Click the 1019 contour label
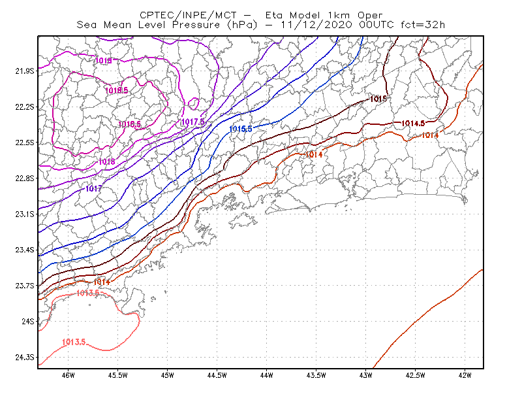[x=104, y=60]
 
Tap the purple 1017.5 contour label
[x=192, y=122]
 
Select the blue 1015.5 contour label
[x=241, y=129]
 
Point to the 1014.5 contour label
[x=413, y=124]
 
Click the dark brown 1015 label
[x=378, y=99]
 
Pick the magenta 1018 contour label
[x=107, y=162]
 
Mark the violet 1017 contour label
[x=94, y=188]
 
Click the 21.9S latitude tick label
[x=25, y=71]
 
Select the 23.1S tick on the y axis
[x=25, y=214]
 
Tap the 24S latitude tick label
[x=28, y=321]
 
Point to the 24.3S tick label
[x=25, y=358]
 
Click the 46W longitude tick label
[x=69, y=375]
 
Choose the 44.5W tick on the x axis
[x=217, y=375]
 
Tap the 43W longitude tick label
[x=366, y=375]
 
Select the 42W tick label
[x=465, y=375]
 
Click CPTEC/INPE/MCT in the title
[x=188, y=15]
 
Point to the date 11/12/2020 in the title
[x=316, y=25]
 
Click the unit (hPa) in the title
[x=241, y=25]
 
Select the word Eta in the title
[x=274, y=15]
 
